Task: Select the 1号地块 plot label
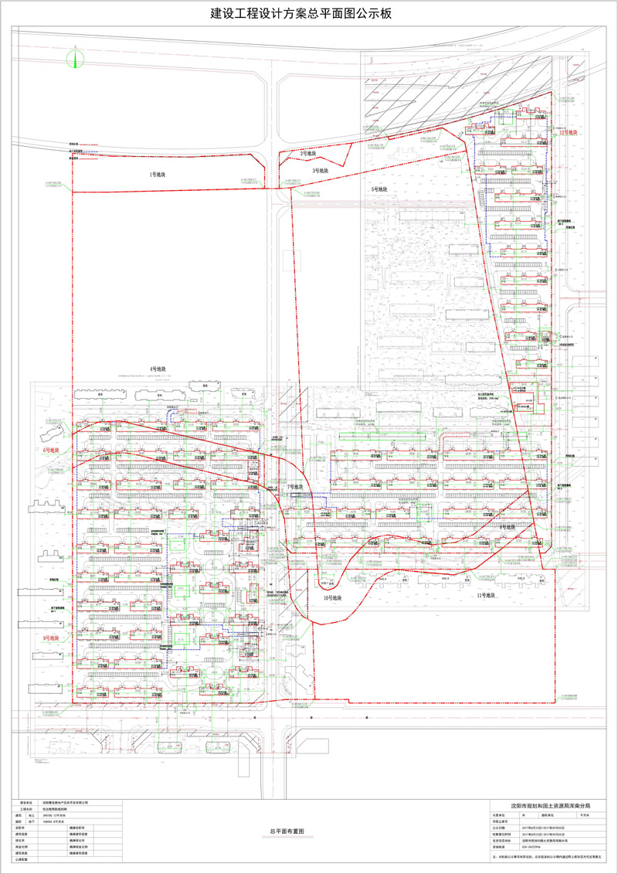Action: [158, 175]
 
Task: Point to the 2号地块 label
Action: [310, 154]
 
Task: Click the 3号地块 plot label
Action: [321, 170]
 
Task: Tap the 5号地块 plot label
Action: [379, 189]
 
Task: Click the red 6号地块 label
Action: [52, 449]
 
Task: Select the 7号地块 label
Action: [295, 487]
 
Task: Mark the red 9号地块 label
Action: [52, 637]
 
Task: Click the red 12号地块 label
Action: [569, 133]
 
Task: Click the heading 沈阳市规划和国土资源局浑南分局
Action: [551, 805]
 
